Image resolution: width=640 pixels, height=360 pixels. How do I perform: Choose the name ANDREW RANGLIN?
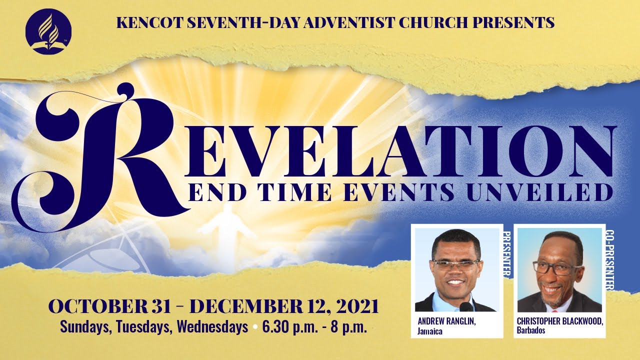446,321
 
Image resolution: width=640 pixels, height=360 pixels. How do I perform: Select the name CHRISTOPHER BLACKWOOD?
560,321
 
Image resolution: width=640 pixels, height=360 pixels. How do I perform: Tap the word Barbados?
531,330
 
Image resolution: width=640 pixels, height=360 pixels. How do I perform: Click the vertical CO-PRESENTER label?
610,260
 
